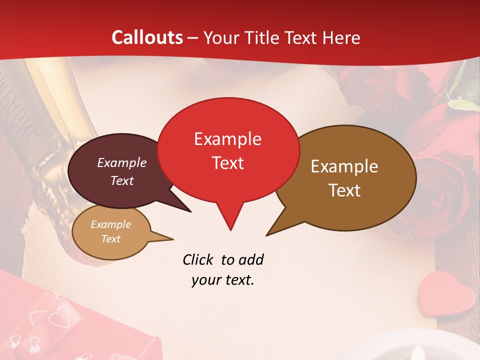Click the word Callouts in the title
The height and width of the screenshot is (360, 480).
tap(147, 37)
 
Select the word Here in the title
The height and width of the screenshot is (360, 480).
tap(341, 37)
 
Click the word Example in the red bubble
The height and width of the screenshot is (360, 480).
tap(227, 139)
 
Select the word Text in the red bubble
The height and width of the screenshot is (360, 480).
tap(227, 163)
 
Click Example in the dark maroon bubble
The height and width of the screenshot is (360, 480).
tap(121, 162)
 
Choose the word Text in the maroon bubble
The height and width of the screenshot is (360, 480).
tap(121, 180)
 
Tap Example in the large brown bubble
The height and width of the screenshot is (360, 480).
tap(344, 166)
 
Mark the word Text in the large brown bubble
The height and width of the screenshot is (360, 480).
tap(344, 190)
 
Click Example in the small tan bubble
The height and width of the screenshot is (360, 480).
tap(110, 224)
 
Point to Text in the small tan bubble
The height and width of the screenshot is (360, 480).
tap(110, 239)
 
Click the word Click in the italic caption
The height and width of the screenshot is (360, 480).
tap(198, 259)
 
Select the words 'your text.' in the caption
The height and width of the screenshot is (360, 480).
tap(223, 280)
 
